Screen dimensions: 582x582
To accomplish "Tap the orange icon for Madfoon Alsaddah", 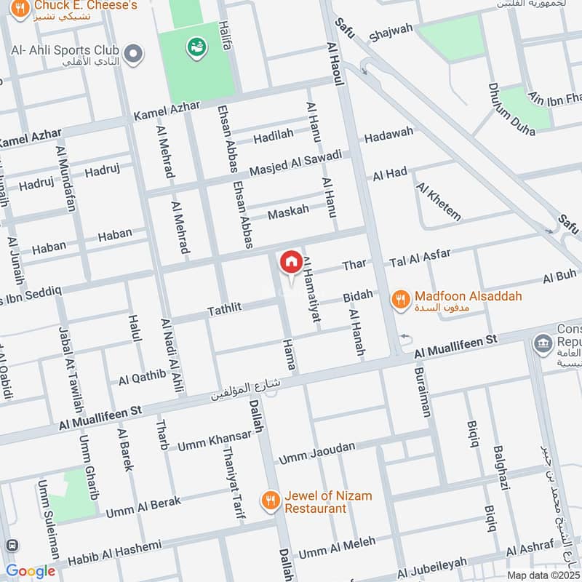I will click(399, 298).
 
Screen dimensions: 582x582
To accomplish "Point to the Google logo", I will click(31, 571).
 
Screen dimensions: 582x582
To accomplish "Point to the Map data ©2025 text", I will click(543, 575).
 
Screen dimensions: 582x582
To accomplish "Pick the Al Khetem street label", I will click(439, 201).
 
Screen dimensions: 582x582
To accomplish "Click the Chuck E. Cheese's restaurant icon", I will click(21, 9).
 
